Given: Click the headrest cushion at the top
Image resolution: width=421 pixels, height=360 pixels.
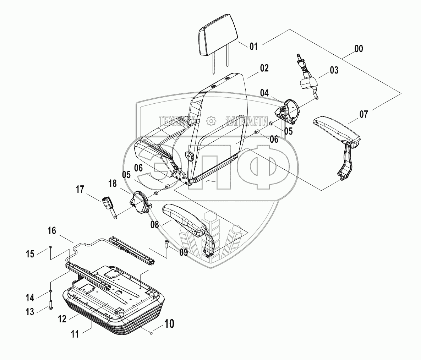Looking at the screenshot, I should (217, 35).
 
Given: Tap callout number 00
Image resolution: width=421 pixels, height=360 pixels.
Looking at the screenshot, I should (359, 49).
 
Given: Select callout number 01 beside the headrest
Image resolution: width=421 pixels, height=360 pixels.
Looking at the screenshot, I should (253, 47).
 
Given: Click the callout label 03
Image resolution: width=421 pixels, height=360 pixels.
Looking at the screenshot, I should (334, 70).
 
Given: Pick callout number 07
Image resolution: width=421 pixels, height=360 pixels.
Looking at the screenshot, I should (363, 114).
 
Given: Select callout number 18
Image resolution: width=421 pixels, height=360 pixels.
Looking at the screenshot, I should (113, 183).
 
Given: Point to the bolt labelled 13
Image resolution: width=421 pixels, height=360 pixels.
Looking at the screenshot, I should (50, 304).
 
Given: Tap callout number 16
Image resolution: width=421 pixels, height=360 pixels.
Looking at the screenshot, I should (51, 231).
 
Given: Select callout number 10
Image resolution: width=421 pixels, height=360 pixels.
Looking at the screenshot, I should (169, 324).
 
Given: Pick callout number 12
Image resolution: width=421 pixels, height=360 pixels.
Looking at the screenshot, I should (62, 319).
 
